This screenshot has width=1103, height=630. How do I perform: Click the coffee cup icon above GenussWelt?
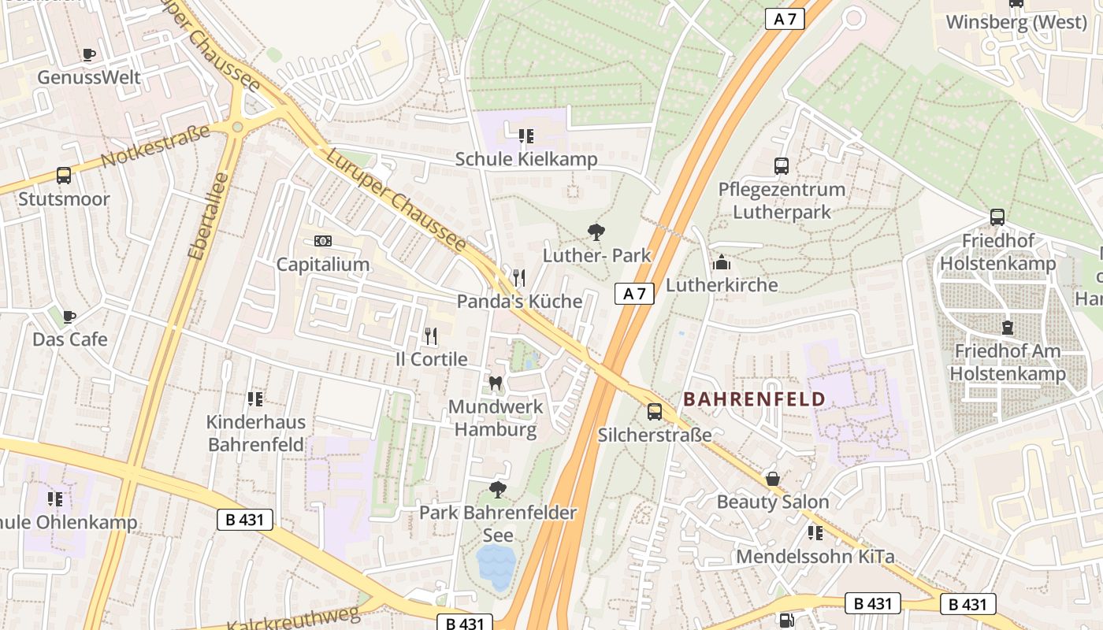pos(89,54)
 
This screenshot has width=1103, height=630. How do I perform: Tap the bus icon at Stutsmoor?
pos(64,176)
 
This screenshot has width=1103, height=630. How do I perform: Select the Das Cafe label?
pos(70,339)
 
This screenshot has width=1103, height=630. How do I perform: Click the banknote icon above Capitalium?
pos(322,241)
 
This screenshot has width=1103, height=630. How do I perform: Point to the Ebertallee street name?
pos(208,216)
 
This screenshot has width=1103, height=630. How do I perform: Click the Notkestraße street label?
pos(156,146)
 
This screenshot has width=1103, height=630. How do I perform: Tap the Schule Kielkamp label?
pos(526,159)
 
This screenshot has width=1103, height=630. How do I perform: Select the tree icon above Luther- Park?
pos(596,232)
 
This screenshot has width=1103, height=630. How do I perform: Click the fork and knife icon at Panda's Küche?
pos(518,278)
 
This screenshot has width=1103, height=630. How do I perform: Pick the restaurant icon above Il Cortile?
pos(430,336)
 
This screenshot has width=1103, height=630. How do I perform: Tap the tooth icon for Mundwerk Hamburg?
pos(496,384)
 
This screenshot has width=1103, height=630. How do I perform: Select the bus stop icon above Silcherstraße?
pos(655,412)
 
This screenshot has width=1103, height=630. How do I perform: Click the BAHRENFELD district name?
pos(754,399)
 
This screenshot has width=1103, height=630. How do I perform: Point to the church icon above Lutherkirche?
pos(721,262)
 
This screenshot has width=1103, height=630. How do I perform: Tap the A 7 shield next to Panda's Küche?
pos(634,295)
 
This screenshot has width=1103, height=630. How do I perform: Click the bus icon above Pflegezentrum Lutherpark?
pos(782,166)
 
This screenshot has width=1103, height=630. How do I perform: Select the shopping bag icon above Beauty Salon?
pos(773,479)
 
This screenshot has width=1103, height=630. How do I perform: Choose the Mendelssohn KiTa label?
pos(815,557)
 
